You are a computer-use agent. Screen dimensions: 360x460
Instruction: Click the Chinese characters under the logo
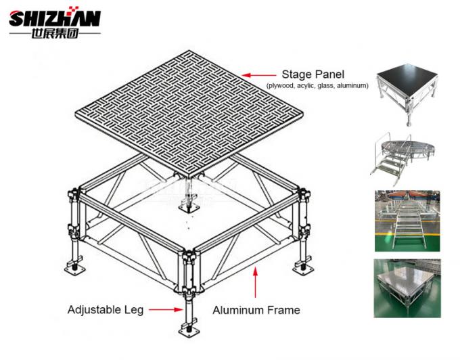pyautogui.click(x=55, y=33)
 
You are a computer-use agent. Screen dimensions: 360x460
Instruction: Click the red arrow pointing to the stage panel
pyautogui.click(x=258, y=75)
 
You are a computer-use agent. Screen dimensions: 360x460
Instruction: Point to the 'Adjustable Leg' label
pyautogui.click(x=105, y=310)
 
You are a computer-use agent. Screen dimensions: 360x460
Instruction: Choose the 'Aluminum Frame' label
pyautogui.click(x=256, y=311)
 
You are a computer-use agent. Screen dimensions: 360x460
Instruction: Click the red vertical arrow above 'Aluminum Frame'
pyautogui.click(x=256, y=283)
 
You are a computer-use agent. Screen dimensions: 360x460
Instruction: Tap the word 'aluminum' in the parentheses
pyautogui.click(x=354, y=86)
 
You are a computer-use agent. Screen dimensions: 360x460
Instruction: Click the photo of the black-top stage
pyautogui.click(x=405, y=95)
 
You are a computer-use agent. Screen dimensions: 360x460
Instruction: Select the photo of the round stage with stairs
pyautogui.click(x=405, y=156)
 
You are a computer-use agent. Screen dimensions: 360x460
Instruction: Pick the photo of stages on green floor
pyautogui.click(x=407, y=221)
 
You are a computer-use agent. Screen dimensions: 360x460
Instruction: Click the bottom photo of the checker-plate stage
pyautogui.click(x=407, y=288)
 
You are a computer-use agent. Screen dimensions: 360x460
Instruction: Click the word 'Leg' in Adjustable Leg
pyautogui.click(x=135, y=310)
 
